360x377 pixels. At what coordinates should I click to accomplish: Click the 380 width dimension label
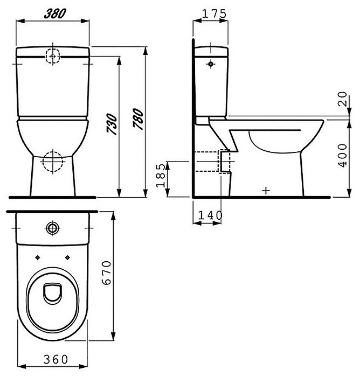click(x=53, y=14)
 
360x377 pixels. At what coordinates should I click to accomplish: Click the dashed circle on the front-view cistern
click(x=53, y=55)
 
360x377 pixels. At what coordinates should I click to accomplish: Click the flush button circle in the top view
click(x=53, y=228)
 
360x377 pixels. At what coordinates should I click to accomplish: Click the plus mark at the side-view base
click(x=265, y=190)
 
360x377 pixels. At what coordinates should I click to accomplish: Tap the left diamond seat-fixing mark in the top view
click(x=37, y=257)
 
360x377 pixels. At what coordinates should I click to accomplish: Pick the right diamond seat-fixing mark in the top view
click(x=68, y=257)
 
